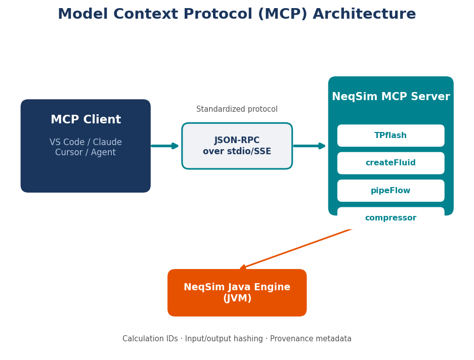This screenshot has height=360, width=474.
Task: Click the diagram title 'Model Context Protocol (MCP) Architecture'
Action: [237, 14]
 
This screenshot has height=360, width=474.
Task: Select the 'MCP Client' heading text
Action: [85, 120]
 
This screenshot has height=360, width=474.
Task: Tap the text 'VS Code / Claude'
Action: [85, 143]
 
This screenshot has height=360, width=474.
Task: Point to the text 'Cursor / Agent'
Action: [85, 153]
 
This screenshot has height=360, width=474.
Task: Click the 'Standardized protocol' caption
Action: [237, 109]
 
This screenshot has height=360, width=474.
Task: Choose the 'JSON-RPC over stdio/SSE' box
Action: [237, 146]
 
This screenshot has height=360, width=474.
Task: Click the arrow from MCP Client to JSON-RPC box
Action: [165, 146]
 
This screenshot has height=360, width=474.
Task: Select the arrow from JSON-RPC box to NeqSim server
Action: [309, 146]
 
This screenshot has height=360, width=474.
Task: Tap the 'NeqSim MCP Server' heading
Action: [391, 97]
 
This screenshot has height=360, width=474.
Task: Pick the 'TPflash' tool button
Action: [391, 136]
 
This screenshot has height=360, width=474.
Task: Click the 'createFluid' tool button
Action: [391, 163]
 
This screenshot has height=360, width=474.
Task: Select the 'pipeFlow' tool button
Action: [391, 191]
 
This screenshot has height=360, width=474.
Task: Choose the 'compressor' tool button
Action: [391, 218]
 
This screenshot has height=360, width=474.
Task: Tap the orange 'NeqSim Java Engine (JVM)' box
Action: [237, 293]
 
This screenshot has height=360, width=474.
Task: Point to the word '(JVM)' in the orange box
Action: [237, 299]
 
